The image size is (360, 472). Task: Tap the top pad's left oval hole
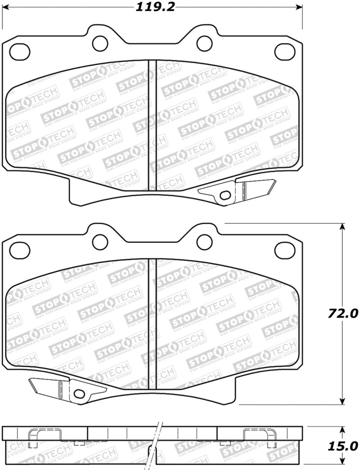tap(20, 50)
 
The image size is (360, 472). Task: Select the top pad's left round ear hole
tap(100, 43)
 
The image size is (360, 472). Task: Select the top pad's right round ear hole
tap(205, 43)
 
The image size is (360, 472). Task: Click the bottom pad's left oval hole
tap(20, 250)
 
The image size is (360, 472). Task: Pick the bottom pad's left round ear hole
tap(100, 242)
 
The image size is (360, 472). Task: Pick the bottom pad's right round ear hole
tap(205, 242)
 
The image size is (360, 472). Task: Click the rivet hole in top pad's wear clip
tap(225, 195)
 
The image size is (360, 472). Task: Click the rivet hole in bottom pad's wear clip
tap(79, 394)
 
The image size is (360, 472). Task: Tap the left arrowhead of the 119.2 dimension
tap(5, 7)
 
